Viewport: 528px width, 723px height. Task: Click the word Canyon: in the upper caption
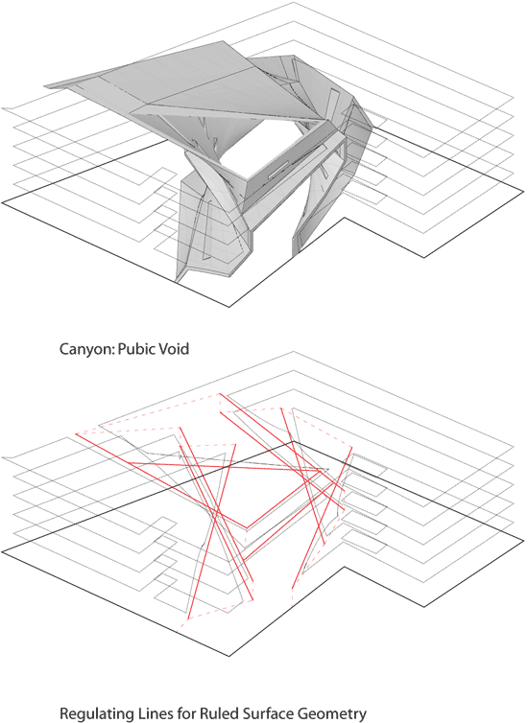point(86,349)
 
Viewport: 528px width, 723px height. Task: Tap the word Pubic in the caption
point(136,349)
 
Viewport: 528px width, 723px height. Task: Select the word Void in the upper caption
point(174,348)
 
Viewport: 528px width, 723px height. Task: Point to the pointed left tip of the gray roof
point(45,85)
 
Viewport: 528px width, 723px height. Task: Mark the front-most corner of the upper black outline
point(229,307)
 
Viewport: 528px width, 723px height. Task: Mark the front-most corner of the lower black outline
point(229,656)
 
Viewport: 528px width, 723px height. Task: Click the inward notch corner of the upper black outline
point(342,218)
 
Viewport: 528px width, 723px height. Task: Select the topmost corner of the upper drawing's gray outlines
point(294,3)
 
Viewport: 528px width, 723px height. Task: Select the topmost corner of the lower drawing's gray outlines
point(294,352)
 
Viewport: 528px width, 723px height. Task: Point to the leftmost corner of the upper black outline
point(2,201)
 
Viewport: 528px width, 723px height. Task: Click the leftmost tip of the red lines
point(76,433)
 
